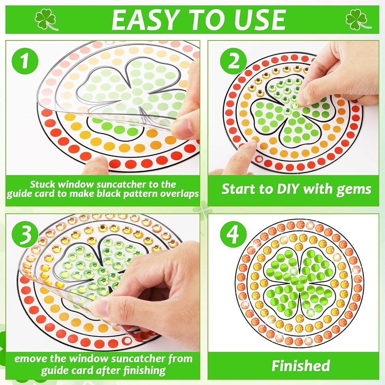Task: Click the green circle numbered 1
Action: click(x=25, y=61)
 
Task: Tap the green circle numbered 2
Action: click(x=233, y=61)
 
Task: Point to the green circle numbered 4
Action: click(x=233, y=234)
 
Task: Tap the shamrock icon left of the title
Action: click(x=46, y=20)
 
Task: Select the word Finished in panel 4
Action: click(x=301, y=366)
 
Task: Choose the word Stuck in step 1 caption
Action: click(x=43, y=184)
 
